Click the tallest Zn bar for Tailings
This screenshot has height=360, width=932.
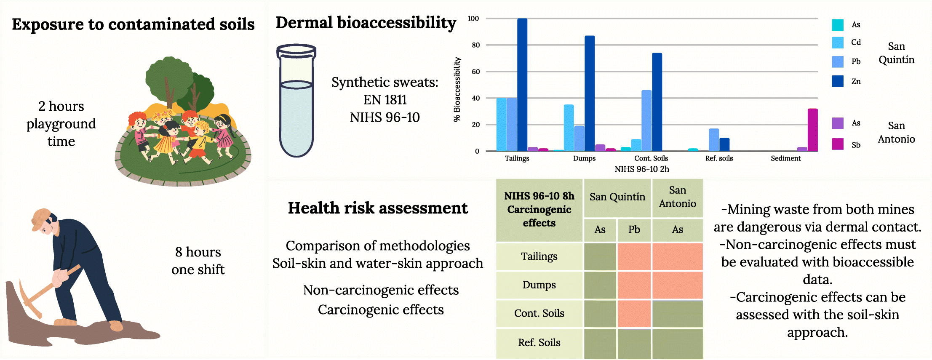coord(522,84)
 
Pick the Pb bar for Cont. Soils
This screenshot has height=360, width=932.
coord(646,120)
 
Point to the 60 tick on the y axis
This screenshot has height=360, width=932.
coord(475,72)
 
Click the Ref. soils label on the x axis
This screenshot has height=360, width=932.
coord(719,158)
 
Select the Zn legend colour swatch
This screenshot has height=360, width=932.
coord(838,81)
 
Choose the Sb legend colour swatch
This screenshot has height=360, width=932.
coord(838,144)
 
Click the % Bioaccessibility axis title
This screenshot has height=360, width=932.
coord(457,89)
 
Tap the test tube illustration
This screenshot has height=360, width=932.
coord(296,101)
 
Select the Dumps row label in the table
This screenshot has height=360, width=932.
coord(539,285)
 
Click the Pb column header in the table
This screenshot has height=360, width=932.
coord(634,230)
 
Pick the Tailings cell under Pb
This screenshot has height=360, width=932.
coord(634,256)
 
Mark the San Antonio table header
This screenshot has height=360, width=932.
coord(677,197)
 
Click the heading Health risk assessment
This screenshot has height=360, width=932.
coord(378,208)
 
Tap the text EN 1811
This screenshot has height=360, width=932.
coord(385,100)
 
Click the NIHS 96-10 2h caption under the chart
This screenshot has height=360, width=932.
coord(641,169)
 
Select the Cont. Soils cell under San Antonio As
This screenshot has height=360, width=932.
coord(677,314)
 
